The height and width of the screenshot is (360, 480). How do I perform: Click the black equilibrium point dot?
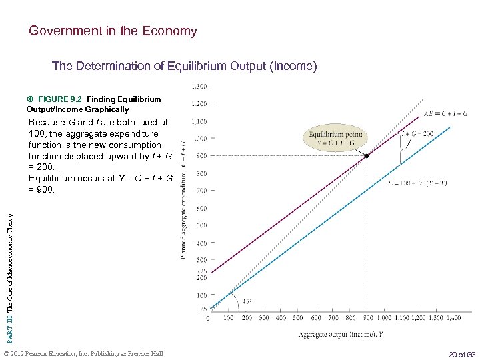367,156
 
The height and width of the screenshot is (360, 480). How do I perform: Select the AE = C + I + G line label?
446,113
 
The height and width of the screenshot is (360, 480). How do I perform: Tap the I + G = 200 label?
417,134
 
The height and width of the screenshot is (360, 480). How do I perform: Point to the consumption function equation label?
418,183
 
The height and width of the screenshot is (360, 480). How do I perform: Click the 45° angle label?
247,301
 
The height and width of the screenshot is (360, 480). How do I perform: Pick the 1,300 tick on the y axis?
199,86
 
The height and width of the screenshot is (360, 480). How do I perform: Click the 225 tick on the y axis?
201,271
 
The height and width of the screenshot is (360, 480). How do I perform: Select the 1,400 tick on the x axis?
453,318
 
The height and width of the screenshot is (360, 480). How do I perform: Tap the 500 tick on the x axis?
298,318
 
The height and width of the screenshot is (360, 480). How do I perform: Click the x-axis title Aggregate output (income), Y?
340,334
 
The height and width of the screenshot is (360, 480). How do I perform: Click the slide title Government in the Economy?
113,31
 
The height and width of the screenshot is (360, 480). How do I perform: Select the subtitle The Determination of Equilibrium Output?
184,66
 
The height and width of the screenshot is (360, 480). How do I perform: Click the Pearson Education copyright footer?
83,353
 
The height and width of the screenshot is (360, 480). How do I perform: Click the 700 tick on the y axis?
201,190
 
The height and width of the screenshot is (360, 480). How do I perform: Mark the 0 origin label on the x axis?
208,318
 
